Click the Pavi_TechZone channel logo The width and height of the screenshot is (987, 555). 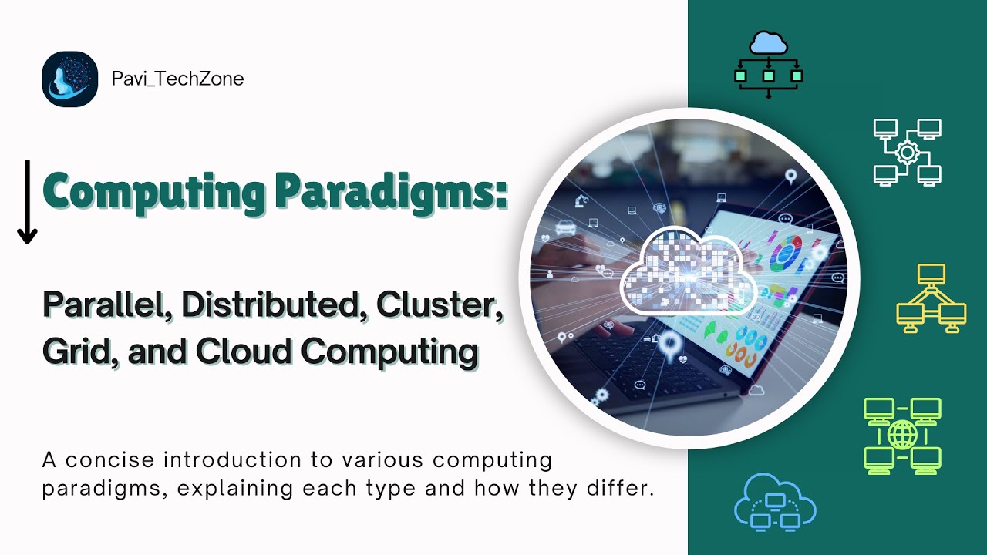tap(70, 79)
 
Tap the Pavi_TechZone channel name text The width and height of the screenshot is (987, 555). tap(177, 79)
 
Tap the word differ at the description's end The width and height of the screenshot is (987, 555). tap(622, 489)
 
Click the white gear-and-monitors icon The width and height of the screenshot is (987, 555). tap(907, 152)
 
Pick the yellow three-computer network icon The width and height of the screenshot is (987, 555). tap(931, 298)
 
